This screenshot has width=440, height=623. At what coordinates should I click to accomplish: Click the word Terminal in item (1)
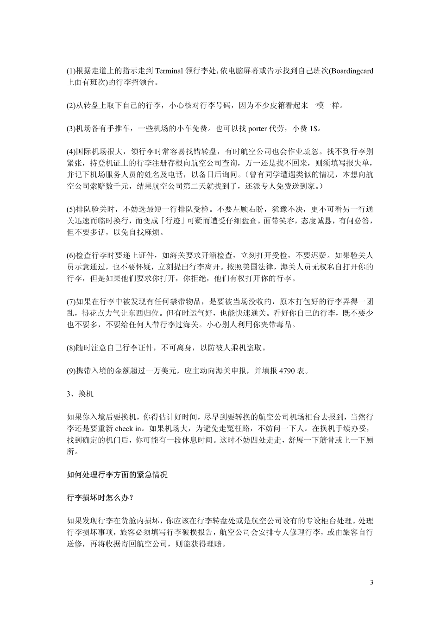tap(171, 71)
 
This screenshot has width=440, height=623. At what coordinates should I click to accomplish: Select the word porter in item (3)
tap(258, 128)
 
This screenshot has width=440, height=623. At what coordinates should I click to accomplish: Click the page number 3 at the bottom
tap(371, 582)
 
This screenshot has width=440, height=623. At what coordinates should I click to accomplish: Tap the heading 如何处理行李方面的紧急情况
tap(117, 475)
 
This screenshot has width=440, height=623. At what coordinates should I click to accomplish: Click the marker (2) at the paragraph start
tap(72, 106)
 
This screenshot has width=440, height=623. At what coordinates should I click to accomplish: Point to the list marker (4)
tap(72, 152)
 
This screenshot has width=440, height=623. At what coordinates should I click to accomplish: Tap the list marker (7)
tap(72, 302)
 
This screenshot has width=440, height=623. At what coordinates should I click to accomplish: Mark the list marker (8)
tap(72, 348)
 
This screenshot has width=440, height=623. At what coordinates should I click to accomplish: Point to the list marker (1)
tap(72, 71)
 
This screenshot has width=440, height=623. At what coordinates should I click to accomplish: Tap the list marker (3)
tap(72, 128)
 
